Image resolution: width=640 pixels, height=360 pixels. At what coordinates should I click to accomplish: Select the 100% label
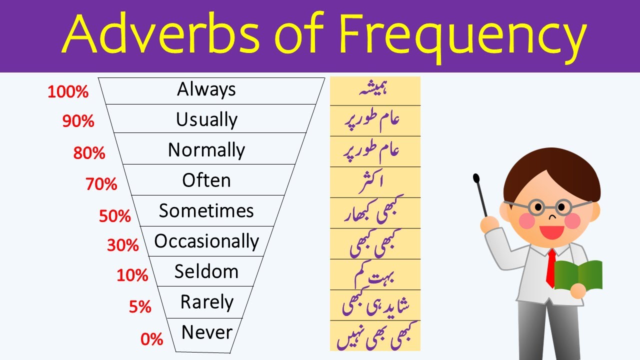click(x=68, y=92)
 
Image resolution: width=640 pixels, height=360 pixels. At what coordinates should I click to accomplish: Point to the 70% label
click(x=101, y=184)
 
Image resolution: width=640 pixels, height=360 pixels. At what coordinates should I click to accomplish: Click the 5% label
click(x=140, y=307)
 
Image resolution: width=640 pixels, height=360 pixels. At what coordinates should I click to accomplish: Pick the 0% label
click(x=152, y=339)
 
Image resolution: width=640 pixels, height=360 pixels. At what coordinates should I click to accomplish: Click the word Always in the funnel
click(x=206, y=89)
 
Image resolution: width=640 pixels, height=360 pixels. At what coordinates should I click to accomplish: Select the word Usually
click(x=206, y=120)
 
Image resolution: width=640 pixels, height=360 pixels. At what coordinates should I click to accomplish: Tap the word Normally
click(x=206, y=150)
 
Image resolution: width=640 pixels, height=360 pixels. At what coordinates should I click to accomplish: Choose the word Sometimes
click(x=206, y=211)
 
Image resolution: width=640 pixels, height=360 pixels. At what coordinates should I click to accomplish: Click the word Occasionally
click(x=206, y=241)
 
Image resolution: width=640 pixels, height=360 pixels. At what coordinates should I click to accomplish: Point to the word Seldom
click(x=206, y=271)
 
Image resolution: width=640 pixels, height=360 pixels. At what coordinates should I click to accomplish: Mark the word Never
click(x=206, y=332)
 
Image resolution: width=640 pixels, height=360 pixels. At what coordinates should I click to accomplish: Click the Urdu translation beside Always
click(x=374, y=90)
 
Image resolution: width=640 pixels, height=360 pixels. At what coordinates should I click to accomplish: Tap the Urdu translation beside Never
click(x=374, y=335)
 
